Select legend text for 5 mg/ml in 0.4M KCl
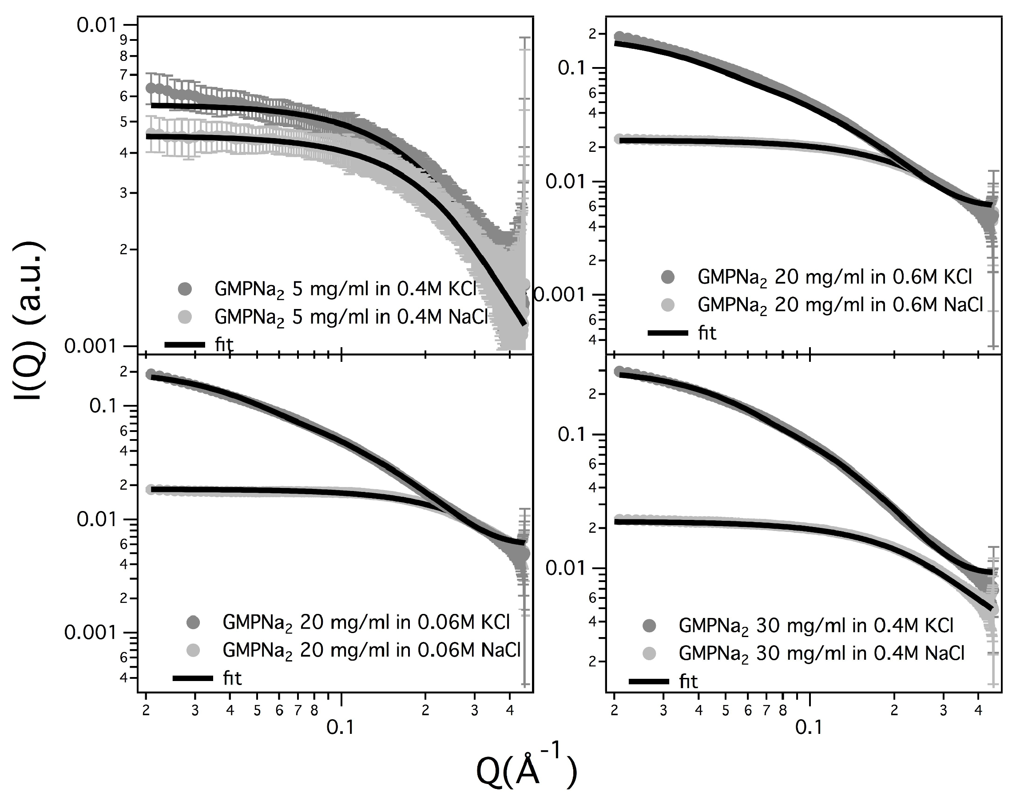[345, 289]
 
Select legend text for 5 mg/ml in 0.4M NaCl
[351, 318]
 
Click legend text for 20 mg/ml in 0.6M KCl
[834, 278]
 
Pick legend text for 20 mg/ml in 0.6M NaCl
[840, 305]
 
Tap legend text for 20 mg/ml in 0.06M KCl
[366, 623]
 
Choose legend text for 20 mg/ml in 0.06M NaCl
[372, 650]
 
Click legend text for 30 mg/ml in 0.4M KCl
[816, 626]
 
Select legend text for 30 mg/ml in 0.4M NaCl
[822, 654]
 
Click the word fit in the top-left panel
[224, 345]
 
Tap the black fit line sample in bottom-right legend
[649, 681]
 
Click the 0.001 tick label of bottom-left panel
[90, 633]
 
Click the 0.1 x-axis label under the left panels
[340, 727]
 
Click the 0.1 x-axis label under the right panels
[809, 727]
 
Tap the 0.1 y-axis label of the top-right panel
[571, 68]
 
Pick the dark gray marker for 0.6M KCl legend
[667, 277]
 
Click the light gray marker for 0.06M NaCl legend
[193, 650]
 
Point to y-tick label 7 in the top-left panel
[123, 75]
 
